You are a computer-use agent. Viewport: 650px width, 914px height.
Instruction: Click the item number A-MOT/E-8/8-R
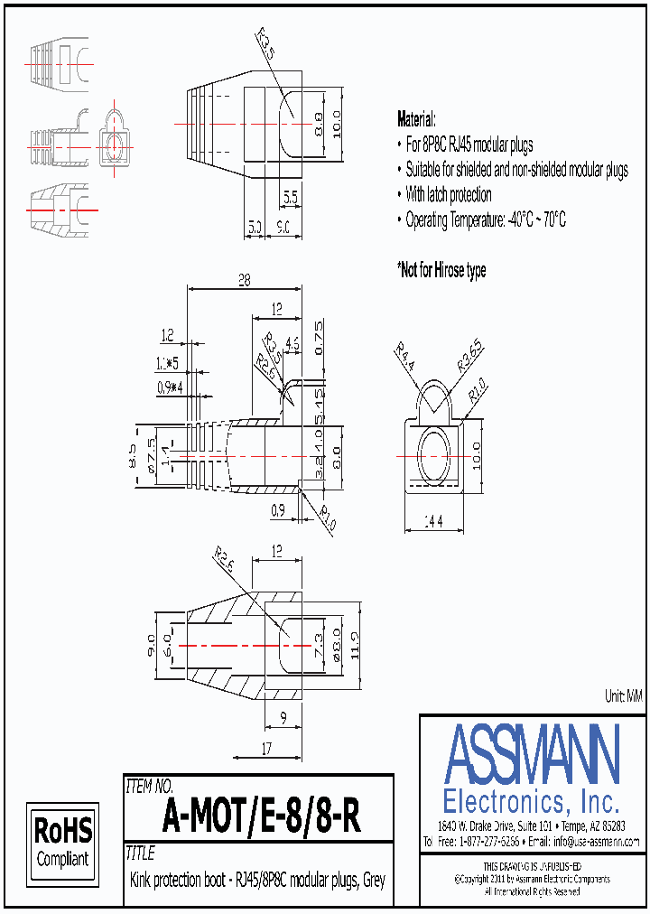(262, 818)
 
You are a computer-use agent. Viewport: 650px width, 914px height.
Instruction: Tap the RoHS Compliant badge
(62, 841)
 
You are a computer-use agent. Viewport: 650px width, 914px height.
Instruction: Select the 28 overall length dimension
(244, 281)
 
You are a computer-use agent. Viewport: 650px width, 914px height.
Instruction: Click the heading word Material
(416, 119)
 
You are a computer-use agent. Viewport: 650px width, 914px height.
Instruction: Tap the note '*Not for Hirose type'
(441, 270)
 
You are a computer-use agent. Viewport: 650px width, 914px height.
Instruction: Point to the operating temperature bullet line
(485, 219)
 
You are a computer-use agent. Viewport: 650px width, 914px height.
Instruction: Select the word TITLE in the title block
(141, 853)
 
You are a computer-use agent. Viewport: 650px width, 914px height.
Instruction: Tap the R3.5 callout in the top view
(265, 42)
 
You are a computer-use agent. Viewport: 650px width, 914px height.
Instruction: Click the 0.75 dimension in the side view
(318, 336)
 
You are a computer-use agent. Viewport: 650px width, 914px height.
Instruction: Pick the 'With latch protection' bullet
(448, 194)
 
